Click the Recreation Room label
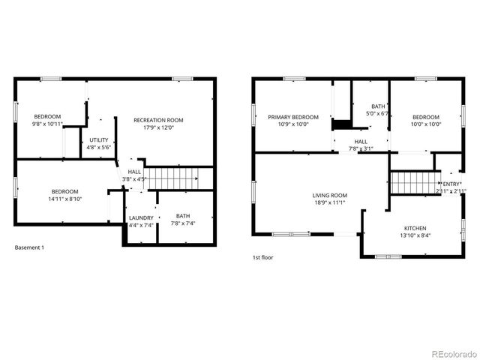click(158, 120)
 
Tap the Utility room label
click(99, 139)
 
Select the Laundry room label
click(141, 217)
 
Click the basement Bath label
click(183, 216)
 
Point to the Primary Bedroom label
click(293, 117)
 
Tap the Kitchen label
click(415, 228)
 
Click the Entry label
click(451, 184)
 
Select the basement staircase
click(171, 178)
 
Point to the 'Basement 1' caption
click(29, 247)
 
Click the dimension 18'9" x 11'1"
click(330, 202)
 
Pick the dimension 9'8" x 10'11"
click(46, 124)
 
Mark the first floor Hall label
click(361, 141)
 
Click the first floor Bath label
click(377, 106)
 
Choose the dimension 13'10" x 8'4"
click(415, 235)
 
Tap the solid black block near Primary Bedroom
click(343, 124)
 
